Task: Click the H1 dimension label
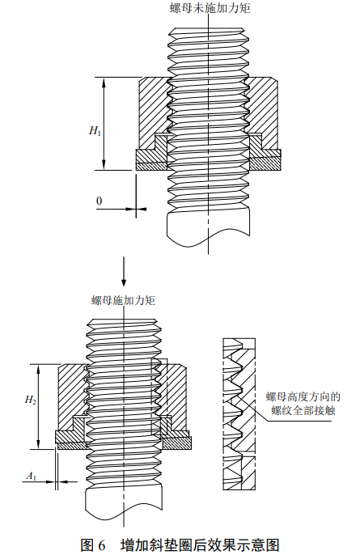pos(95,130)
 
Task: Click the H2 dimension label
pos(31,400)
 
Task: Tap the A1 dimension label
pos(32,477)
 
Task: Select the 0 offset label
pos(100,201)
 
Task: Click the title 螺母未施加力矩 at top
pos(210,8)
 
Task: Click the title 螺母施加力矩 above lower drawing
pos(124,300)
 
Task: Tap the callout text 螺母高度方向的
pos(303,396)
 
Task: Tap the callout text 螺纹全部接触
pos(303,410)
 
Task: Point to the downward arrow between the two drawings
pos(124,271)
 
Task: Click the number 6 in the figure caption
pos(102,545)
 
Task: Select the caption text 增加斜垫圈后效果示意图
pos(200,545)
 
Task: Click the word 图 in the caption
pos(87,545)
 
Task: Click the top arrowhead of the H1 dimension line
pos(104,83)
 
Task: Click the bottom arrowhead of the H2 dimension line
pos(39,445)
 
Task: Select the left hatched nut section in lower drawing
pos(71,396)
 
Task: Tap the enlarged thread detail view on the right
pos(239,414)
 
